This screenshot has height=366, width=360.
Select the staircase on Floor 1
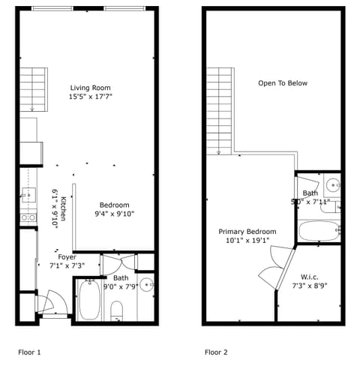34,88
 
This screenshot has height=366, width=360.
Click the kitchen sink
28,196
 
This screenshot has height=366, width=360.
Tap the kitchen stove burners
28,217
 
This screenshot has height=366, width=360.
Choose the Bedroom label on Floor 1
115,205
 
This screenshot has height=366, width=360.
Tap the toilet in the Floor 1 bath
117,309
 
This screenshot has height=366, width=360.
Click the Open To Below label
283,83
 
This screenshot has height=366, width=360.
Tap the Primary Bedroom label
247,232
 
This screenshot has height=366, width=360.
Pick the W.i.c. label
308,276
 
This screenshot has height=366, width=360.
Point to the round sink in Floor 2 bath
332,183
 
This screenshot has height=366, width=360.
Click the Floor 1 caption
29,351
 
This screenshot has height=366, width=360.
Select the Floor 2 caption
216,351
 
